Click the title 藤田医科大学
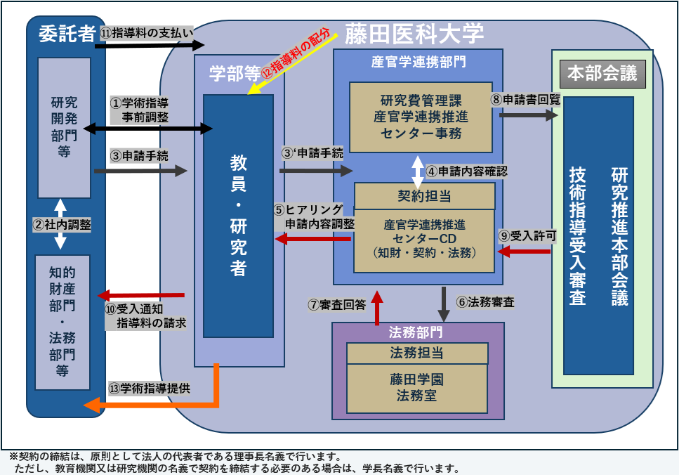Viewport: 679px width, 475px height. (x=413, y=33)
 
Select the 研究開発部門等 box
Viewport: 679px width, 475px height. (x=64, y=126)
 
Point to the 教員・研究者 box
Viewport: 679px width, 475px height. (x=238, y=215)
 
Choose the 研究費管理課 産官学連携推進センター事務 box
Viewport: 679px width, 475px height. (x=420, y=117)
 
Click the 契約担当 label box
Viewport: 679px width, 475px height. (x=424, y=192)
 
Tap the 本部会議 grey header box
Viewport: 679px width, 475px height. (x=602, y=74)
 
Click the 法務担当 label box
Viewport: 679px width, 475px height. (x=417, y=353)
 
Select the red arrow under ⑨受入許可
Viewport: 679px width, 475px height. (x=523, y=252)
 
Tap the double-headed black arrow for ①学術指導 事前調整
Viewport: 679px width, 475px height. (x=147, y=128)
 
